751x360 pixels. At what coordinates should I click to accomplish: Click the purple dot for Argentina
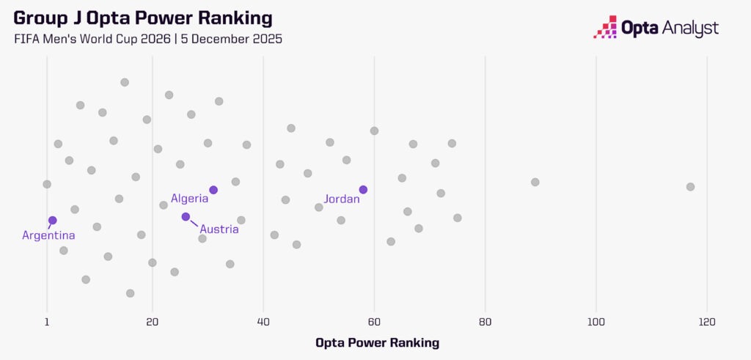click(52, 220)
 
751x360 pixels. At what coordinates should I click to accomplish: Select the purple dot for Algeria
click(213, 190)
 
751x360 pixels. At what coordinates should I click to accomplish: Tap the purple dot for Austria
click(186, 216)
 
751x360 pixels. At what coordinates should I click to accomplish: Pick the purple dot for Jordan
click(363, 190)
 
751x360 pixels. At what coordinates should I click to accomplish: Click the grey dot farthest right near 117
click(690, 186)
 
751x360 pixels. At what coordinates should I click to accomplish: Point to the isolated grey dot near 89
click(535, 182)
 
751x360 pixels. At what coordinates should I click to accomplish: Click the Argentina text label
click(48, 235)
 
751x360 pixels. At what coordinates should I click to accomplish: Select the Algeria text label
click(189, 198)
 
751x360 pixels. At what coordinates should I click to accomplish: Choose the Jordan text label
click(342, 199)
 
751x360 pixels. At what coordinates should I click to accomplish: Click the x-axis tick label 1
click(47, 321)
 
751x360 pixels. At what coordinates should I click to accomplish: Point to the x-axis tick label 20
click(152, 321)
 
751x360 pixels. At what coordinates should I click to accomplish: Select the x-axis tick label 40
click(263, 321)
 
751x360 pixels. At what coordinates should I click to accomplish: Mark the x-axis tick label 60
click(374, 321)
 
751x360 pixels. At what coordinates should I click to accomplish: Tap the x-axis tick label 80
click(485, 321)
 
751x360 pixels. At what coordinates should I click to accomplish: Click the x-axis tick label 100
click(596, 321)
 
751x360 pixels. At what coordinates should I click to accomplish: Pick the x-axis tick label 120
click(706, 321)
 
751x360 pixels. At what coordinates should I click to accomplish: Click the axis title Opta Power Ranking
click(377, 342)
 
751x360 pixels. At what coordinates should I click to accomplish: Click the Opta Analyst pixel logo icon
click(605, 27)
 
